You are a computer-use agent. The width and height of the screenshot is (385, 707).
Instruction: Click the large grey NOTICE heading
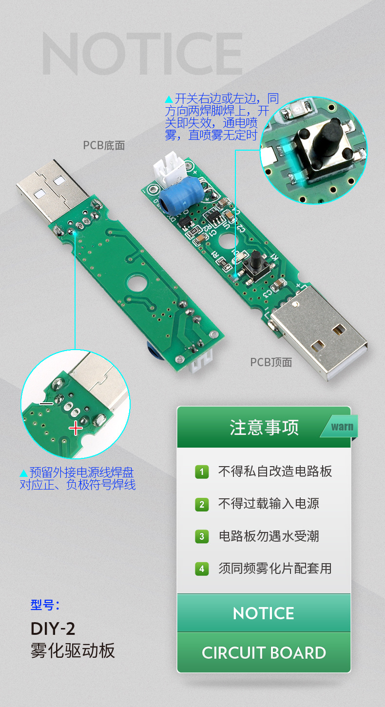click(x=142, y=54)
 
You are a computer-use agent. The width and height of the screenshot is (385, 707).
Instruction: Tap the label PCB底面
click(x=104, y=145)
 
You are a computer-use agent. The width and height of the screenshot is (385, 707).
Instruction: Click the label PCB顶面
click(x=271, y=362)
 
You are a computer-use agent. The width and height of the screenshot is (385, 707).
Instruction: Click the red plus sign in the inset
click(x=76, y=429)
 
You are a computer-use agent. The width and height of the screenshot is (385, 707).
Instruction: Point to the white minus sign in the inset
click(x=47, y=404)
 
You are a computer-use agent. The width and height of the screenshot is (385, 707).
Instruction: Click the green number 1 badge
click(x=202, y=472)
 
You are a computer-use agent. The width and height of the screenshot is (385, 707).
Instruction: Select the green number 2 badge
click(x=202, y=504)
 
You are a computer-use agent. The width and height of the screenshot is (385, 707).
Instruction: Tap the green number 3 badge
click(x=202, y=536)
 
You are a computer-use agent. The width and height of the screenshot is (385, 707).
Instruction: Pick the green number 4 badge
click(x=202, y=569)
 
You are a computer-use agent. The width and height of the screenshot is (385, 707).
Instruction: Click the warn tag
click(x=342, y=427)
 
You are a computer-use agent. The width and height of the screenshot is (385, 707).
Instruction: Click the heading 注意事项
click(x=264, y=427)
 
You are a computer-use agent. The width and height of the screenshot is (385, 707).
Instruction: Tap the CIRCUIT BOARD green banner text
click(x=264, y=653)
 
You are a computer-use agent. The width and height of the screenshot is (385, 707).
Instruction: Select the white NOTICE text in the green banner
click(x=264, y=613)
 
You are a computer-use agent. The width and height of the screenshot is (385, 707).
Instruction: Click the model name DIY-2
click(x=53, y=628)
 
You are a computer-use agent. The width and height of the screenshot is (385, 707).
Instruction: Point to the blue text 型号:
click(x=45, y=605)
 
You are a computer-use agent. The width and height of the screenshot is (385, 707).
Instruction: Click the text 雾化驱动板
click(x=73, y=650)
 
